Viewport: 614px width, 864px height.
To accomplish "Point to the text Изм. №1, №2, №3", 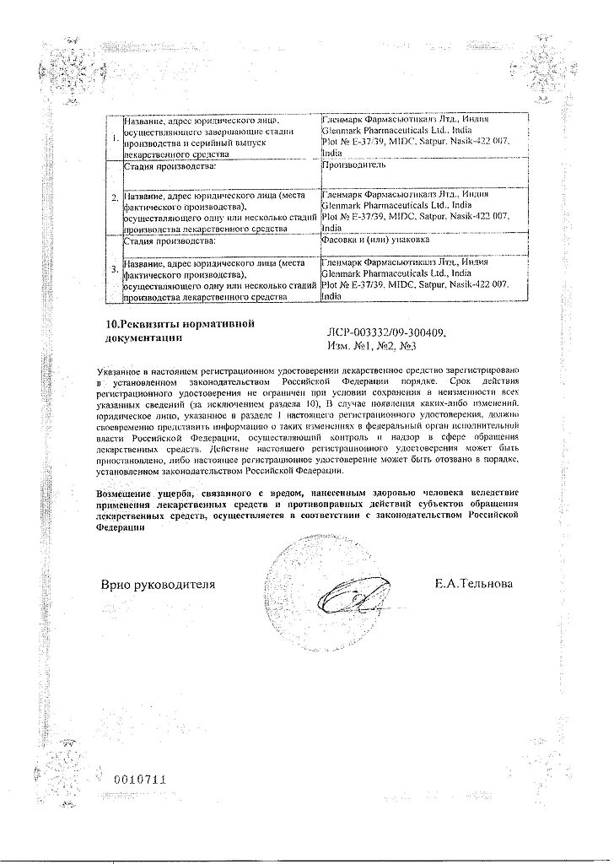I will coord(370,346).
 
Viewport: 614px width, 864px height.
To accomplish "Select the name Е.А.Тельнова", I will coord(472,584).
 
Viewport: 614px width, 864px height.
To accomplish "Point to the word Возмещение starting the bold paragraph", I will coord(132,492).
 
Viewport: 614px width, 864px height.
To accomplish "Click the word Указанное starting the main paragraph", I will coord(124,371).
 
